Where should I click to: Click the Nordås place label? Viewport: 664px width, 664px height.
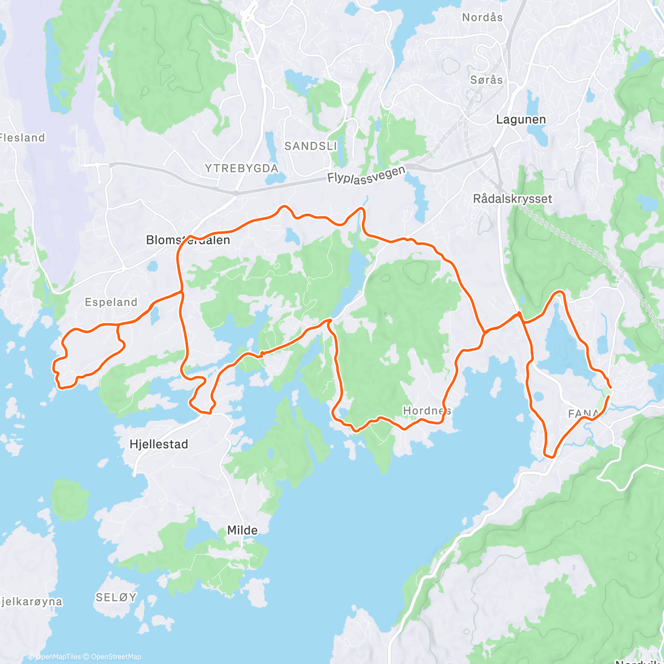click(x=483, y=18)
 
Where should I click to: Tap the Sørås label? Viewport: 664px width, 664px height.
click(x=486, y=80)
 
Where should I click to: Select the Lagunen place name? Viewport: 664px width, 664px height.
click(x=521, y=120)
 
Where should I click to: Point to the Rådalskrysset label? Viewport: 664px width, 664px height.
click(x=512, y=199)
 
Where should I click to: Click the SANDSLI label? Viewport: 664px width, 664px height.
click(x=310, y=146)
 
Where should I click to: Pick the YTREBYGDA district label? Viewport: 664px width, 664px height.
click(x=241, y=168)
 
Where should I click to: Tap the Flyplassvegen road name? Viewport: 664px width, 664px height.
click(x=366, y=174)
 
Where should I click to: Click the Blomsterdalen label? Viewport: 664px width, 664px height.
click(x=188, y=240)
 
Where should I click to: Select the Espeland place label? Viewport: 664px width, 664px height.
click(x=111, y=302)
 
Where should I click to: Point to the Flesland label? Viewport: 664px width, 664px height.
click(x=22, y=138)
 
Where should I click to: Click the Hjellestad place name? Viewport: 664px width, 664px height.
click(x=158, y=444)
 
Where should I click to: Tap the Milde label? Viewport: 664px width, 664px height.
click(x=242, y=530)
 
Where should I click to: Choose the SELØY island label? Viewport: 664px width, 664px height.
click(x=116, y=597)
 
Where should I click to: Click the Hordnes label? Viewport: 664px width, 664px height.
click(x=427, y=411)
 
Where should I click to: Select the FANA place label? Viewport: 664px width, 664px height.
click(x=583, y=413)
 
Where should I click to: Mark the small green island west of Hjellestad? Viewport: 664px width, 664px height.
click(x=70, y=500)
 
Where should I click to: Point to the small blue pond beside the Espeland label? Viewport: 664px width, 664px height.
click(x=154, y=314)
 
